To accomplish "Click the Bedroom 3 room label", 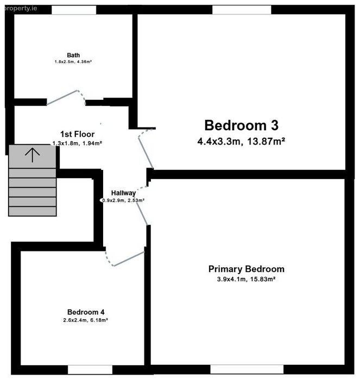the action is click(242, 125).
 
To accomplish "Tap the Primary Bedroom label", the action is click(247, 269).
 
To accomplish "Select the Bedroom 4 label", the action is click(86, 312).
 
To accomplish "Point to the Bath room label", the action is click(73, 55).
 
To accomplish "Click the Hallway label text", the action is click(123, 193).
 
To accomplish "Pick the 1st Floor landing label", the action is click(77, 134).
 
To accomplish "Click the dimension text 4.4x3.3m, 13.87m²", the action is click(241, 141).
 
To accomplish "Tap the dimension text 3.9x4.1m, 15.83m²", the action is click(246, 279).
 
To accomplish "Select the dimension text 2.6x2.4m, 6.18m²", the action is click(85, 320).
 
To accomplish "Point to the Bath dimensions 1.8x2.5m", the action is click(64, 62).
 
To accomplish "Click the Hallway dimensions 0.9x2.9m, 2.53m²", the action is click(123, 200).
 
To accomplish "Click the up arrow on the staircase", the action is click(32, 155).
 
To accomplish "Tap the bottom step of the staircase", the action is click(33, 211).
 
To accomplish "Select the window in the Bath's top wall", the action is click(74, 10).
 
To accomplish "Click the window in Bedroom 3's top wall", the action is click(242, 10).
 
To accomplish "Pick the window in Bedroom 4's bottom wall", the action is click(90, 370).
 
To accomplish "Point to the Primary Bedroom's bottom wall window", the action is click(247, 369).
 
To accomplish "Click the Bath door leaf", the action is click(62, 98).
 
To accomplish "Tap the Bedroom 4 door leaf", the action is click(129, 259).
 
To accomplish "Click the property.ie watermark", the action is click(21, 8).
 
